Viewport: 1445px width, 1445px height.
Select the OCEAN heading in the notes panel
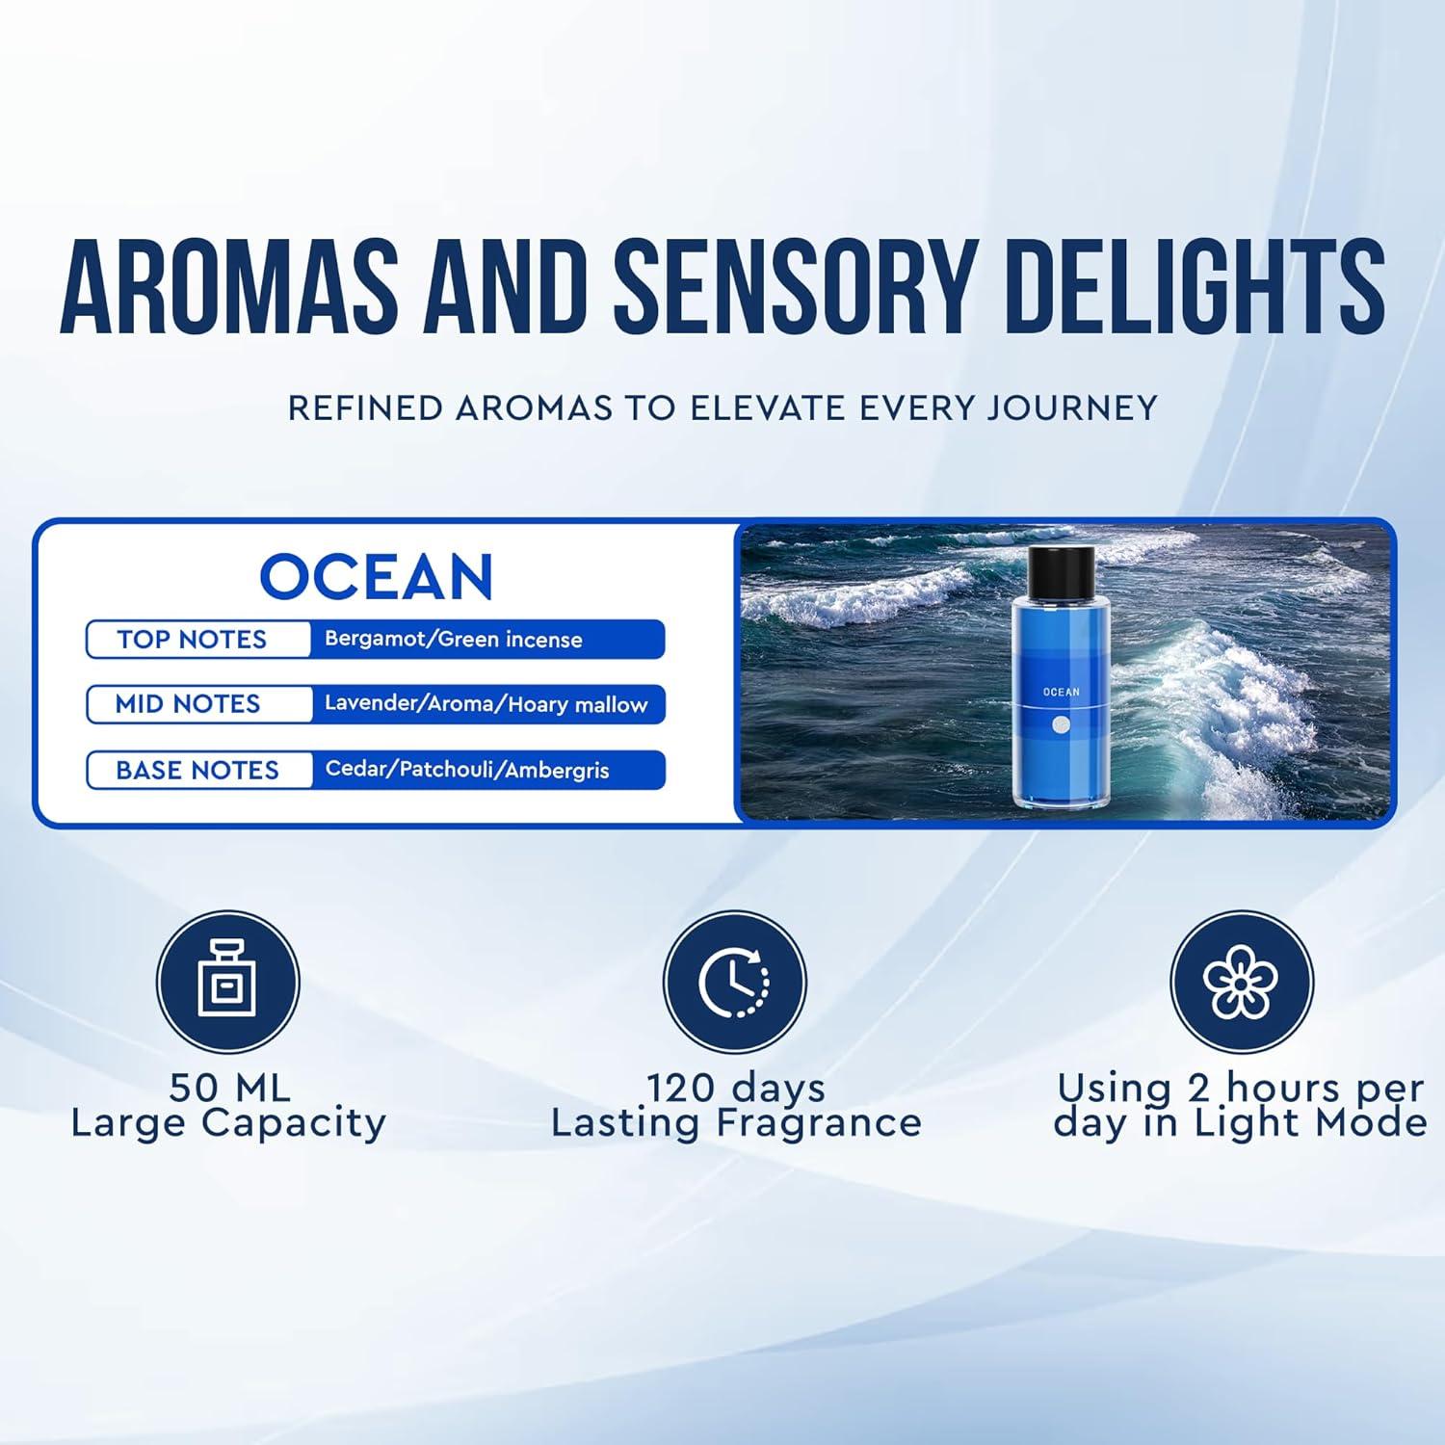pyautogui.click(x=377, y=577)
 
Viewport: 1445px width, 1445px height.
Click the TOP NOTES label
pyautogui.click(x=192, y=640)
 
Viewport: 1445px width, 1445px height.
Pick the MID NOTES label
pyautogui.click(x=188, y=704)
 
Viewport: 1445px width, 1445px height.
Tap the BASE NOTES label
pyautogui.click(x=197, y=771)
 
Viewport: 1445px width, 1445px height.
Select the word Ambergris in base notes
pyautogui.click(x=557, y=771)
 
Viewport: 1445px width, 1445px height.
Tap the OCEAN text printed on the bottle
pyautogui.click(x=1061, y=692)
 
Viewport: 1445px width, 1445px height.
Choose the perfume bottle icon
pyautogui.click(x=228, y=983)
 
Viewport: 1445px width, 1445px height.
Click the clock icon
pyautogui.click(x=735, y=983)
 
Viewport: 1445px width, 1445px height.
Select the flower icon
pyautogui.click(x=1241, y=983)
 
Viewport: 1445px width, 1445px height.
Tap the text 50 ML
pyautogui.click(x=229, y=1089)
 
